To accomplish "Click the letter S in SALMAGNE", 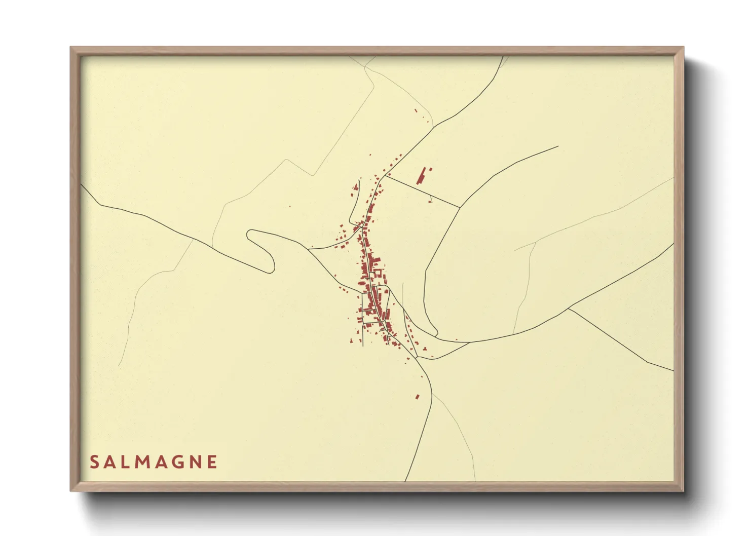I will click(x=94, y=462).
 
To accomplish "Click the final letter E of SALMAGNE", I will click(x=213, y=462).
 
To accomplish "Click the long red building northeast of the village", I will click(x=421, y=176).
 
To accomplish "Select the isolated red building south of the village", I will click(x=418, y=397).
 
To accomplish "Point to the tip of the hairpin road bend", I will click(x=248, y=235).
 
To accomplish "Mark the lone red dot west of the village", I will click(x=290, y=206).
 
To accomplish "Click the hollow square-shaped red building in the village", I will click(x=378, y=273).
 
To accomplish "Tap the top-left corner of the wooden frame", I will click(x=71, y=48).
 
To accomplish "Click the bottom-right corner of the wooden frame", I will click(x=683, y=490).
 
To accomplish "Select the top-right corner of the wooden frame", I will click(x=683, y=48).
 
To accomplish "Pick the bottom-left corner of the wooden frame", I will click(x=71, y=490).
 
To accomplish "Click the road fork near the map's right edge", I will click(x=568, y=308).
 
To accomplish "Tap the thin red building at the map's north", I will click(x=417, y=110).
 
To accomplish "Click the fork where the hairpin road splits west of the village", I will click(x=309, y=249).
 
